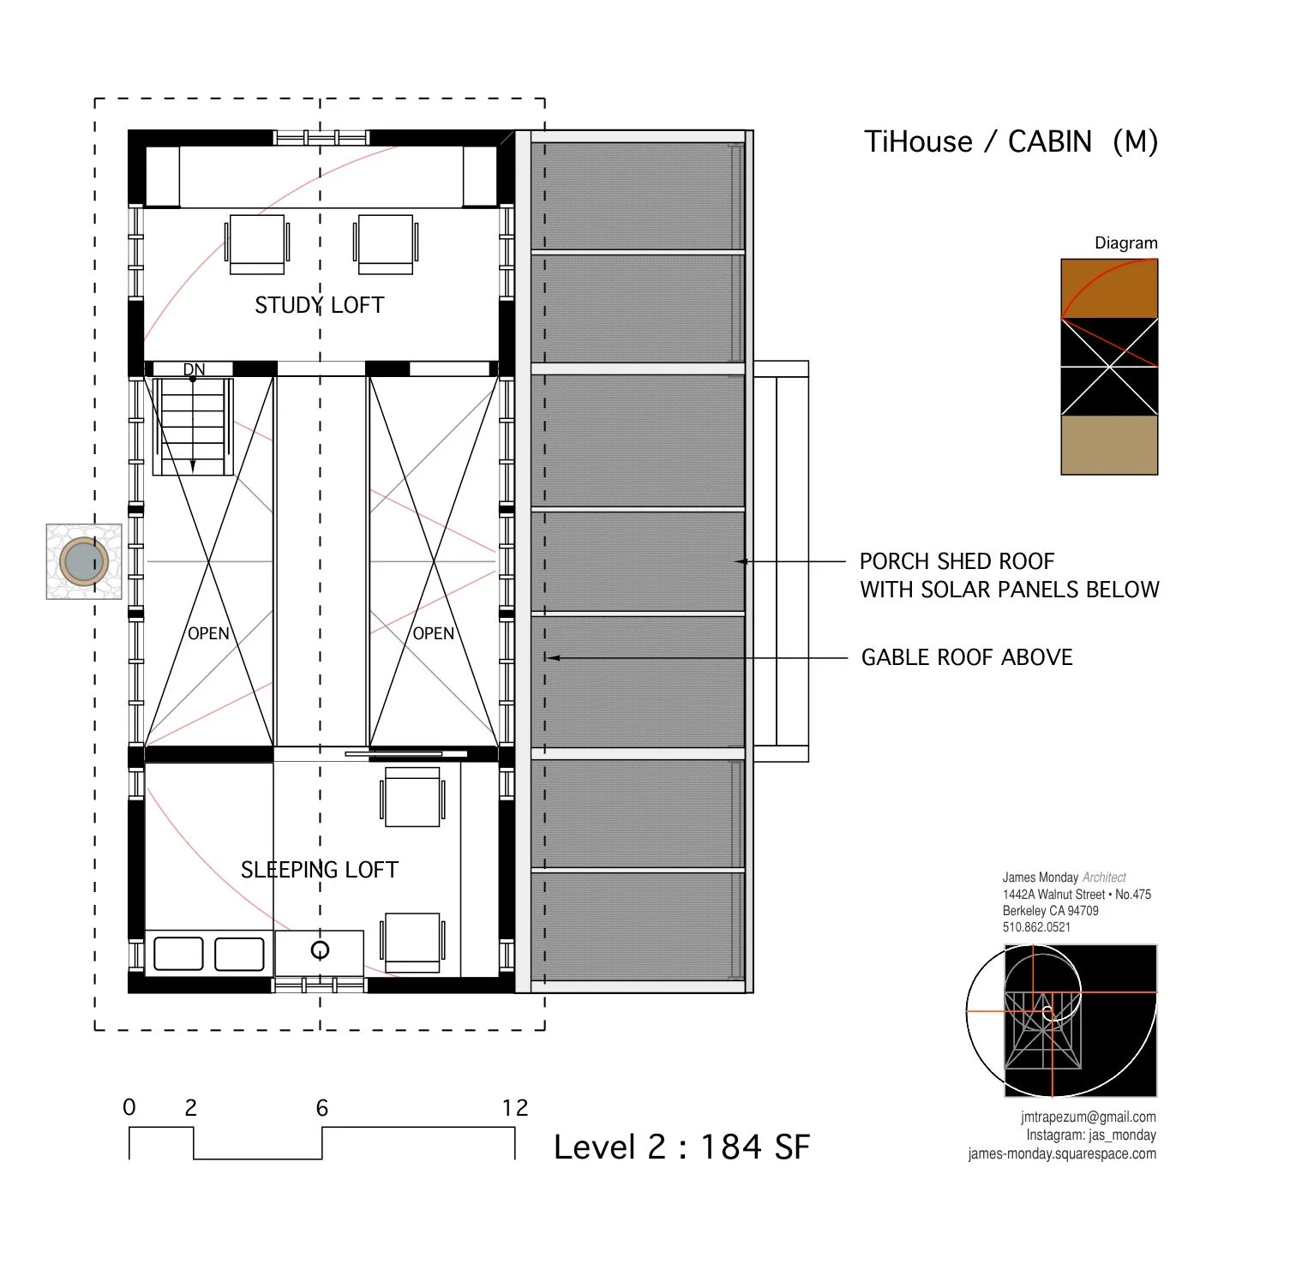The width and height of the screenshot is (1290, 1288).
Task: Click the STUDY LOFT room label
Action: coord(319,305)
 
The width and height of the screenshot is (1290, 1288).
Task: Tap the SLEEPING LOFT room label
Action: coord(319,870)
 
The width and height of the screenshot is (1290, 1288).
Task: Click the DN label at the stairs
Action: coord(194,369)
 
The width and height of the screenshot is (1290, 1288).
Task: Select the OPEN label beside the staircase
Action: coord(208,633)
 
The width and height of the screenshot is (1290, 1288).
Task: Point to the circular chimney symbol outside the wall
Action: coord(84,562)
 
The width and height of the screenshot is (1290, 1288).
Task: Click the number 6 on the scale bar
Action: coord(322,1108)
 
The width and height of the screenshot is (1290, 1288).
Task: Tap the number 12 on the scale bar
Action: coord(514,1108)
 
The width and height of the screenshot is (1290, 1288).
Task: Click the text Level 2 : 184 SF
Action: coord(681,1147)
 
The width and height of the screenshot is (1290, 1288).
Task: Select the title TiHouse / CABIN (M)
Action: coord(1011,141)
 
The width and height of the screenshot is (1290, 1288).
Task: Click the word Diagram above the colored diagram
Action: coord(1125,243)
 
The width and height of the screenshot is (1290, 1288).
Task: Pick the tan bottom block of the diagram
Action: coord(1109,445)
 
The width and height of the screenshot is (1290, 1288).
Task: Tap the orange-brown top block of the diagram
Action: coord(1109,289)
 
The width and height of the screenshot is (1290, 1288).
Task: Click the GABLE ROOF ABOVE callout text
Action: coord(967,657)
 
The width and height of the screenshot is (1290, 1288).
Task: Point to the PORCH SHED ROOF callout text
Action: coord(957,561)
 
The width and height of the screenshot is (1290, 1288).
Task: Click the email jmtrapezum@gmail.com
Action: coord(1088,1117)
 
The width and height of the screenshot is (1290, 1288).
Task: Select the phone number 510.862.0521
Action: coord(1036,927)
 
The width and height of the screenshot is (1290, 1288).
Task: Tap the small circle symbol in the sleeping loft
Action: coord(320,950)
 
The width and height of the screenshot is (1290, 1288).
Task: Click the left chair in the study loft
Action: coord(257,243)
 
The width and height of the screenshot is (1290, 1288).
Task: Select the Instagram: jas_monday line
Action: coord(1090,1135)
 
